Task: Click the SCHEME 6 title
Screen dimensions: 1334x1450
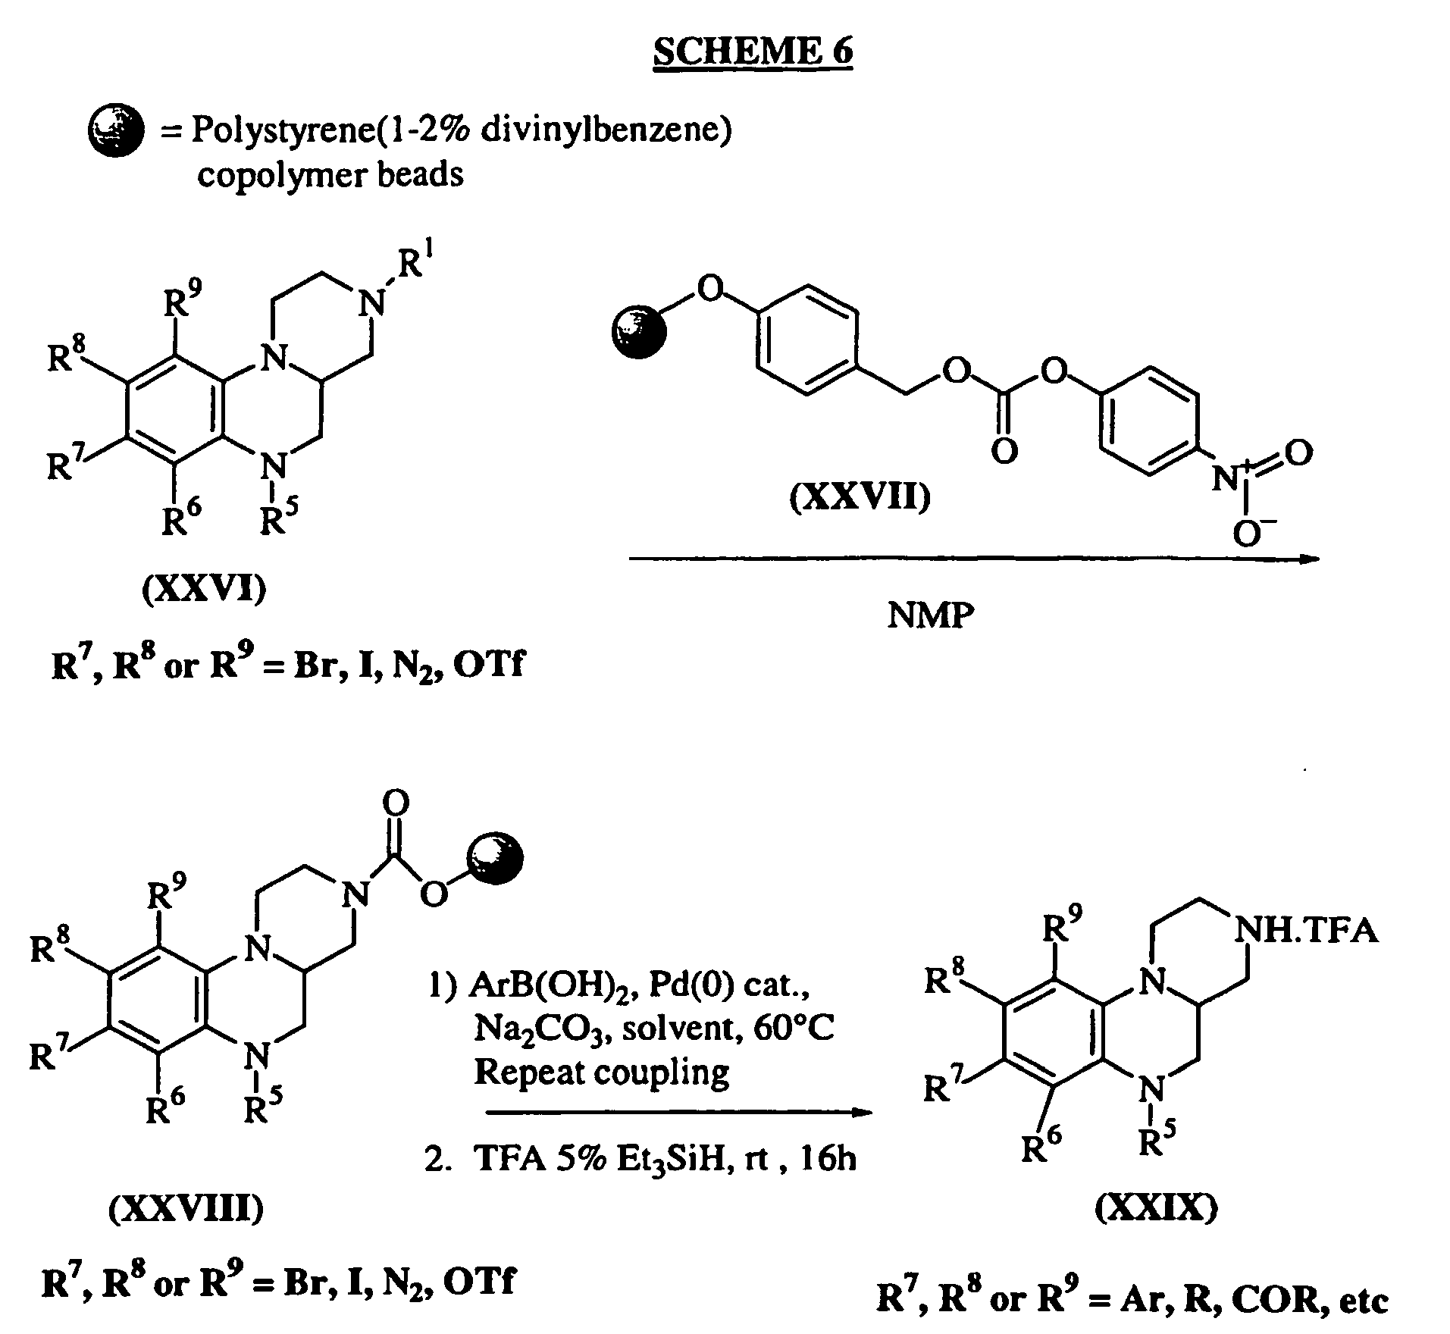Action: coord(753,51)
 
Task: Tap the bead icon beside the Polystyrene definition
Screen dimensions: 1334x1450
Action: coord(116,132)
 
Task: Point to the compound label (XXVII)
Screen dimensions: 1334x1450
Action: coord(860,498)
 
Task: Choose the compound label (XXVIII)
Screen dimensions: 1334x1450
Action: coord(186,1210)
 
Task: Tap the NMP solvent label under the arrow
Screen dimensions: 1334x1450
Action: coord(930,615)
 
